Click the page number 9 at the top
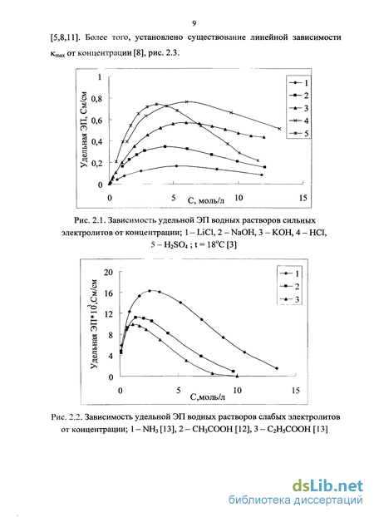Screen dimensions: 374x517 194,23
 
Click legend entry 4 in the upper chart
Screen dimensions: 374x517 298,121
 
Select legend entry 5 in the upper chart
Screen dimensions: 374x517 298,134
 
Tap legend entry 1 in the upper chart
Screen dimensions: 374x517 298,83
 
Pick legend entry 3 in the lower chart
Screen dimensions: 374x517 289,299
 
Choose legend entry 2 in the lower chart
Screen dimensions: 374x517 289,286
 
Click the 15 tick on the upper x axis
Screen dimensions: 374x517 303,198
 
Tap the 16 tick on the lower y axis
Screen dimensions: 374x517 108,293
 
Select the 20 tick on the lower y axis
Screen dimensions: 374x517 108,272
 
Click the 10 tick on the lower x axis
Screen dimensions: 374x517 237,390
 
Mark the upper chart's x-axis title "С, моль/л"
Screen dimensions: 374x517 206,199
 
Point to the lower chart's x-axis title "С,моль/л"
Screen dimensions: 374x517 208,396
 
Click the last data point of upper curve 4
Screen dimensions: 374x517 279,129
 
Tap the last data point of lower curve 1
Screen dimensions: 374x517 277,368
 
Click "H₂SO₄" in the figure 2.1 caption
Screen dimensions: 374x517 174,245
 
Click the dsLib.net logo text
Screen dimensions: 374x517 327,485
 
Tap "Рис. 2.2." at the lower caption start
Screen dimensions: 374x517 66,417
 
